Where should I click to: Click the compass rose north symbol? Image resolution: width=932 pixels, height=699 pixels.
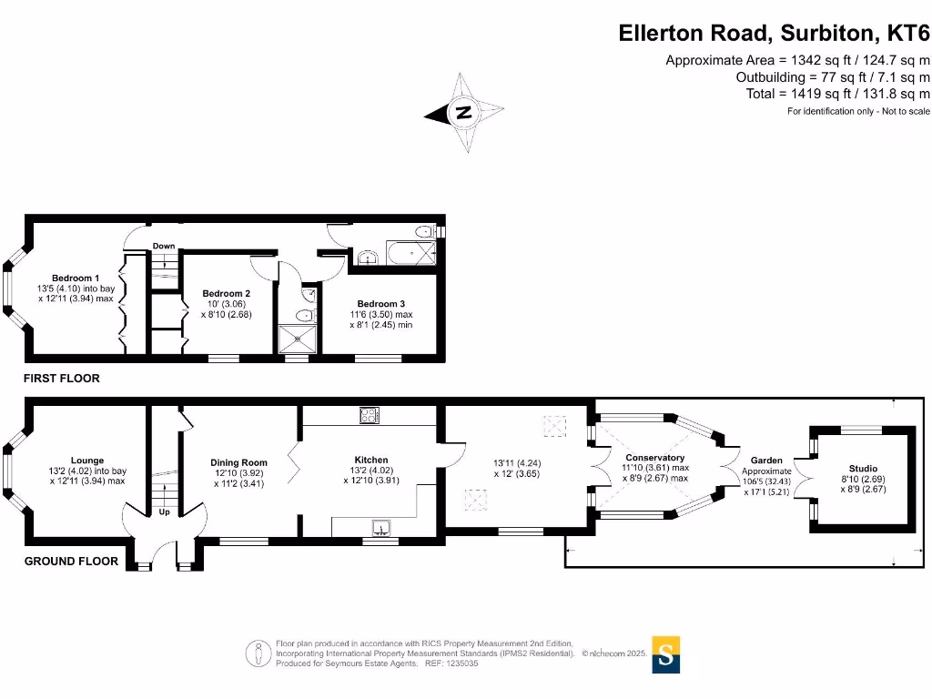tap(464, 113)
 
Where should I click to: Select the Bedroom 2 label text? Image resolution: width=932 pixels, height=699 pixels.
tap(226, 294)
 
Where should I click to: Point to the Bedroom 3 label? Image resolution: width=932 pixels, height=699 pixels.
tap(380, 304)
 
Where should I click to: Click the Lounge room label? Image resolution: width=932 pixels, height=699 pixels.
tap(87, 461)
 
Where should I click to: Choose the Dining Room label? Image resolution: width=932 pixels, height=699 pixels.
tap(238, 463)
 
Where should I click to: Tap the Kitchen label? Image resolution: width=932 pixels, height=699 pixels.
tap(370, 461)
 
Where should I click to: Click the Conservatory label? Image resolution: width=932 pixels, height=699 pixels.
tap(654, 458)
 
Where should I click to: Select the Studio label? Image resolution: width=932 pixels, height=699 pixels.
tap(860, 469)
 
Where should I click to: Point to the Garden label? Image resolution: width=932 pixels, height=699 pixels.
tap(766, 461)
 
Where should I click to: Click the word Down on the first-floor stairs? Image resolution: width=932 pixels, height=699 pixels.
tap(164, 247)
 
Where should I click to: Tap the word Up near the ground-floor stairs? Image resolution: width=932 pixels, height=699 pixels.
tap(165, 512)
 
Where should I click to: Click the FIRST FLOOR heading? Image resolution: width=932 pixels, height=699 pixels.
tap(62, 378)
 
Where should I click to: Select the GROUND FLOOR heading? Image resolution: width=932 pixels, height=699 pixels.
tap(71, 562)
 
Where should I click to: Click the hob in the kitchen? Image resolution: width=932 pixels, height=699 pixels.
tap(371, 415)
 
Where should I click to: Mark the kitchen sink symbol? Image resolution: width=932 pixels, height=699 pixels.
tap(380, 527)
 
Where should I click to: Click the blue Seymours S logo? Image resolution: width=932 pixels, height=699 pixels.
tap(666, 654)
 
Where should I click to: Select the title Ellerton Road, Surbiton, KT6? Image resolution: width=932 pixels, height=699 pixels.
tap(774, 34)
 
